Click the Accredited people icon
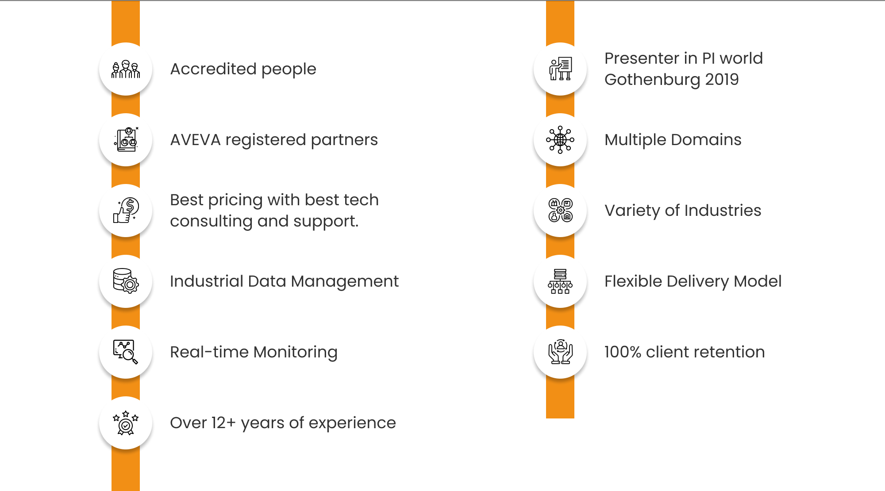(126, 69)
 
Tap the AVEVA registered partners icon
(126, 139)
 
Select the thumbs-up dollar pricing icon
(126, 210)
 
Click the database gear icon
(126, 281)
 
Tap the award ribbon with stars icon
(126, 423)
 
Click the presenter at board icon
(560, 69)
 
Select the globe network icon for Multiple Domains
(560, 140)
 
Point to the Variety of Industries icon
(560, 210)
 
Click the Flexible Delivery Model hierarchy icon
(560, 281)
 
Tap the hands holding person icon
(560, 352)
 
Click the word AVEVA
(195, 140)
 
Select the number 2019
(722, 80)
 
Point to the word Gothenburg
(652, 80)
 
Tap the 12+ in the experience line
(223, 423)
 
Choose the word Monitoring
(296, 353)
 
